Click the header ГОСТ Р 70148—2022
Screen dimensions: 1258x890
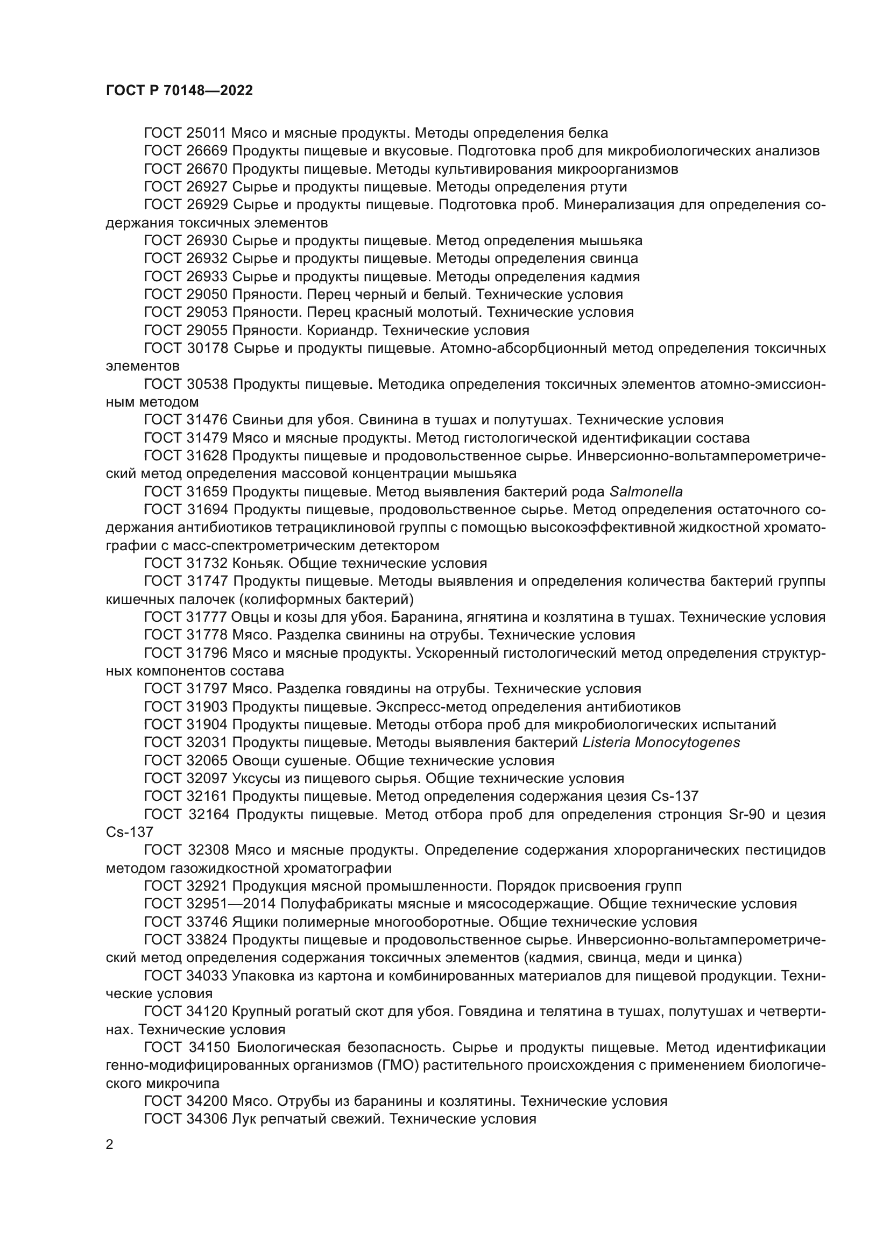click(x=179, y=91)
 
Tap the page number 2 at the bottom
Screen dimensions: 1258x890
click(x=110, y=1145)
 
